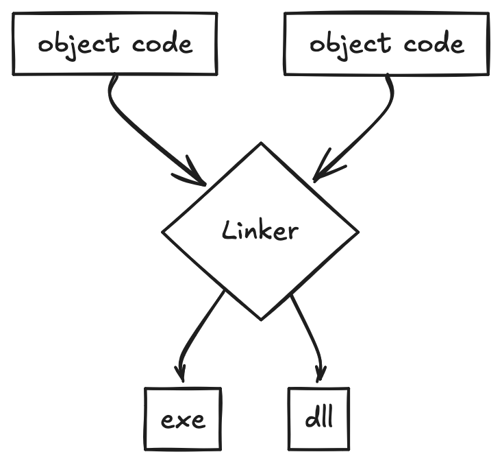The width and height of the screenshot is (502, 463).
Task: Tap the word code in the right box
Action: (434, 45)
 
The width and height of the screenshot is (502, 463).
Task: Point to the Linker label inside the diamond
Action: (260, 230)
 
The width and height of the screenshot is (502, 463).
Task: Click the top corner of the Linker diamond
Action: (261, 143)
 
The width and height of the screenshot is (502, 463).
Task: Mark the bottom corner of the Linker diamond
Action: (261, 319)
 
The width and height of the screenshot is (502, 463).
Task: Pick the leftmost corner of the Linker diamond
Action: (162, 233)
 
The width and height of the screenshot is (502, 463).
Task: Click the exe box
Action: (183, 419)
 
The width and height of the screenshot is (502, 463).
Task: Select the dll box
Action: (318, 418)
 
